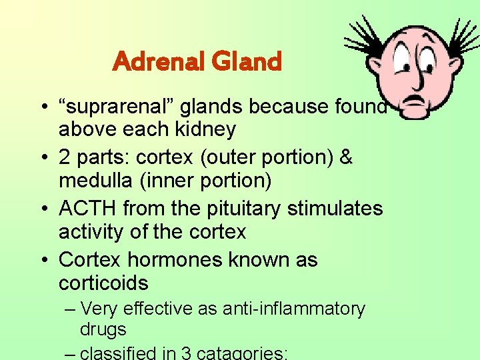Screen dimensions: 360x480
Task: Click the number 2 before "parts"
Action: (65, 158)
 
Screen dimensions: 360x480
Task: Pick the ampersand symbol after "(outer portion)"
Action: (345, 158)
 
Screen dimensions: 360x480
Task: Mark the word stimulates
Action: (335, 209)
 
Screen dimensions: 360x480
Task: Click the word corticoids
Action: (103, 283)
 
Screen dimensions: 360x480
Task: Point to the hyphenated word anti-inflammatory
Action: (294, 309)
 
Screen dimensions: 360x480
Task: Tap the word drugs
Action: (103, 329)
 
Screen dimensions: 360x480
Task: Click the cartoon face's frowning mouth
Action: (417, 101)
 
